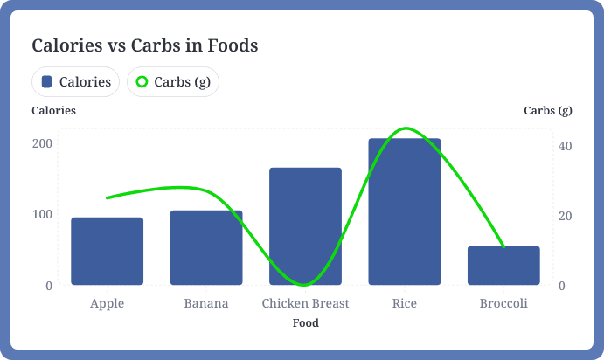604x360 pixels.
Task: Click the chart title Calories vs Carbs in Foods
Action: pos(145,45)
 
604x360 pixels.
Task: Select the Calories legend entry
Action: pos(76,82)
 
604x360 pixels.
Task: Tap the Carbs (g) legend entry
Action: pos(173,82)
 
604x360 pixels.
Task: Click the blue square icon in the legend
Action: pos(47,82)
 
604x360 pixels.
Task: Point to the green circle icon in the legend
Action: pos(142,82)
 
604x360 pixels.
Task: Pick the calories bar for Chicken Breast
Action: pos(305,226)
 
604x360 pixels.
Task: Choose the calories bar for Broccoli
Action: pos(503,266)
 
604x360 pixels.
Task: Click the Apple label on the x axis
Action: pos(107,303)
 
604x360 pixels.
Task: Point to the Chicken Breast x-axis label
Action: pos(305,303)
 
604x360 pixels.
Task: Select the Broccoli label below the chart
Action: pos(503,303)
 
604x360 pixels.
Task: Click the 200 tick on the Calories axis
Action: pos(43,142)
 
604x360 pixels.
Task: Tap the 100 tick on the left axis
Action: pos(43,214)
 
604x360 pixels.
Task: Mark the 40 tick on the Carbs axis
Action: pos(565,145)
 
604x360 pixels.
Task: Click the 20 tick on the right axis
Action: pos(565,216)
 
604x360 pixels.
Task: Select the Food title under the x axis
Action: pos(305,323)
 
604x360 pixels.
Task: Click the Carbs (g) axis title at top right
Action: pos(547,111)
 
